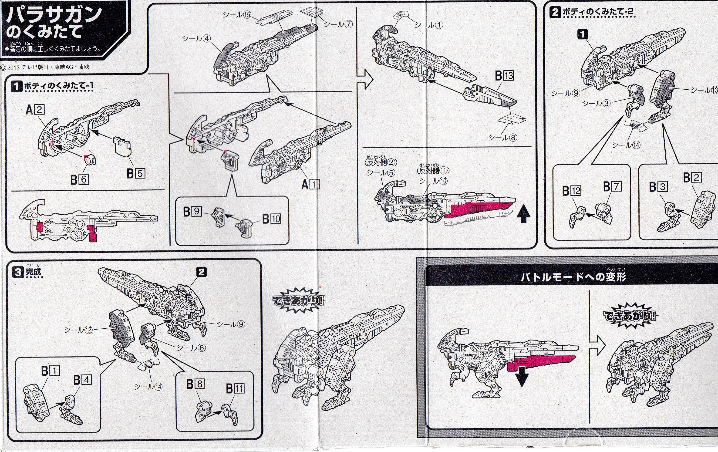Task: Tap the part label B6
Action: click(x=79, y=179)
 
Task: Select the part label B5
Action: click(x=136, y=173)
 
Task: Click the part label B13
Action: click(x=504, y=76)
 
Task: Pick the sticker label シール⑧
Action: click(x=503, y=138)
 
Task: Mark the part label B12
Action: click(x=572, y=191)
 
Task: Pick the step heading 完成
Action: click(x=33, y=272)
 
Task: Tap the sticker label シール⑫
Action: click(x=78, y=330)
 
